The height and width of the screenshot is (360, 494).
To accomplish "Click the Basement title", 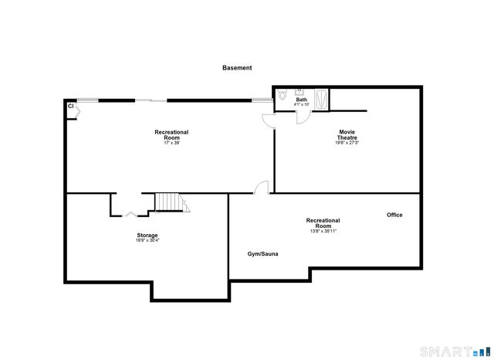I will pos(237,68).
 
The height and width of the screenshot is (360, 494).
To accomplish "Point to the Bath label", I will pos(301,100).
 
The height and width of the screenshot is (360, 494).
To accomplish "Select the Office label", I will pos(394,215).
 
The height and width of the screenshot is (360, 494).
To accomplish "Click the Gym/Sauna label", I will pos(262,253).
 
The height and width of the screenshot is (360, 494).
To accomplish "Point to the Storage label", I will pos(148,235).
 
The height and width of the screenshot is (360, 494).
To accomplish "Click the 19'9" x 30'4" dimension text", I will pos(148,240).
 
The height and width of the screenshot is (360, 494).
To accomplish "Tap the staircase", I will pos(171,202).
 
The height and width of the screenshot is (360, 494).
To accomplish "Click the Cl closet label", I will pos(70,106).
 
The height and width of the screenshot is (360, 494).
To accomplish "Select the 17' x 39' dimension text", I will pos(171,142).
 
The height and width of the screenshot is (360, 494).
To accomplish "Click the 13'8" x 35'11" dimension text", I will pos(323,230).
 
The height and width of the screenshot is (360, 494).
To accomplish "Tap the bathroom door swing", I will pos(303,117).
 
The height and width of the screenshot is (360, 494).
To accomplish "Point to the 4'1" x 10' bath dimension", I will pos(301,104).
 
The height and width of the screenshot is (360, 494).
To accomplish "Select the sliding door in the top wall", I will pos(151,100).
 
